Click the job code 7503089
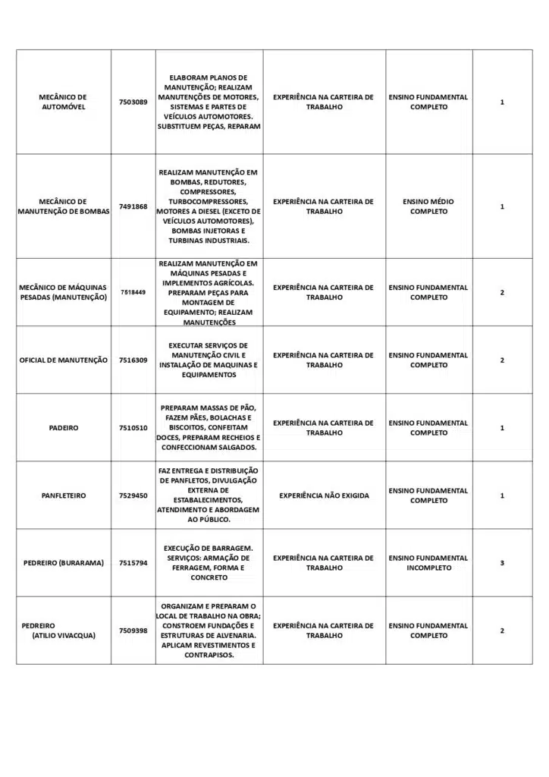(x=133, y=102)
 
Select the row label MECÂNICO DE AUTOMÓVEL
(x=63, y=102)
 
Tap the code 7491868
(x=133, y=206)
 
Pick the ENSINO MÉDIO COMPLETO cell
(x=428, y=206)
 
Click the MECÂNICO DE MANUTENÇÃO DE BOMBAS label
(x=64, y=206)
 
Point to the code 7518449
(x=133, y=292)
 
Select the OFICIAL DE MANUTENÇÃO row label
(x=64, y=360)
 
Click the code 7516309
(x=133, y=360)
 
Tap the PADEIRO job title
(x=64, y=428)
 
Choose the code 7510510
(x=133, y=428)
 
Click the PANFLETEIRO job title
(x=64, y=495)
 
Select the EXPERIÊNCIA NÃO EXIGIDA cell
(x=324, y=495)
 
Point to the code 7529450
(x=133, y=495)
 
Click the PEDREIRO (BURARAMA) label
(x=64, y=563)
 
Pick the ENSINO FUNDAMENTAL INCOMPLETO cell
(x=428, y=563)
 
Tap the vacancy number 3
(x=502, y=563)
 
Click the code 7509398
(x=133, y=631)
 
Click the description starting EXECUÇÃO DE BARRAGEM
(x=209, y=563)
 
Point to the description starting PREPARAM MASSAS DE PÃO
(x=209, y=428)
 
